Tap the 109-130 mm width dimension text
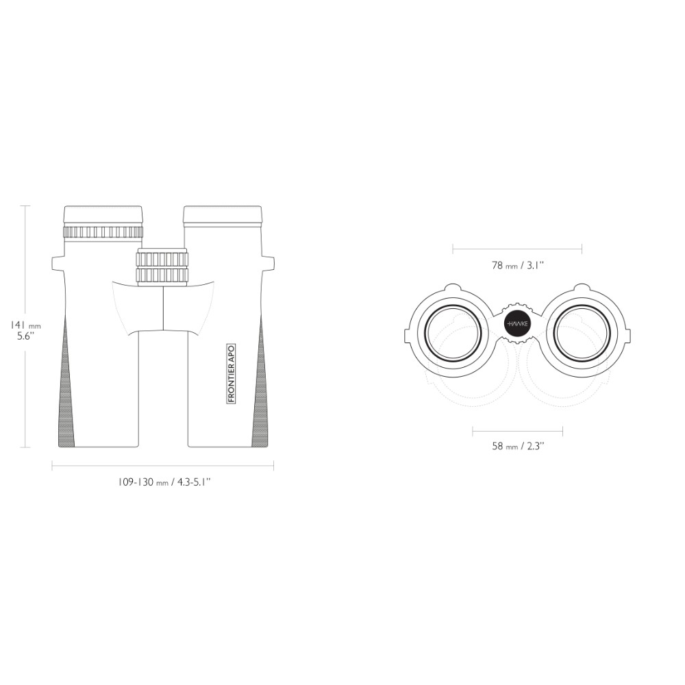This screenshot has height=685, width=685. coord(164,482)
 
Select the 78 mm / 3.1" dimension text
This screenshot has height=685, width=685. coord(518,265)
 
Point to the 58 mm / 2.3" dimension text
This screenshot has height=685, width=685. coord(518,446)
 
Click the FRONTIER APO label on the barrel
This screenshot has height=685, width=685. coord(232,373)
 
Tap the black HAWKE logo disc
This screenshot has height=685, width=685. coord(518,324)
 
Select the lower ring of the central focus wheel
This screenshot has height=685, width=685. coord(162,275)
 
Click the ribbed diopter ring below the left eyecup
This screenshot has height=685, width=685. coord(103,232)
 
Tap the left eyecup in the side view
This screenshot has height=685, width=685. coord(103,215)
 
